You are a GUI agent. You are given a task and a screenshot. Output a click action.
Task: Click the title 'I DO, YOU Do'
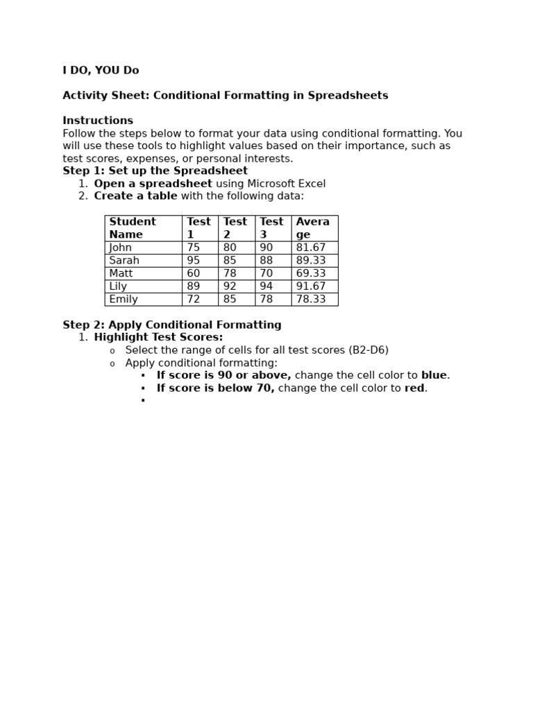pos(101,71)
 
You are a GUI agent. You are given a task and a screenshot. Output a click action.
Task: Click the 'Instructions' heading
pos(98,121)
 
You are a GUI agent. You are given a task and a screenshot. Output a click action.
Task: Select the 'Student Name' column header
pos(133,228)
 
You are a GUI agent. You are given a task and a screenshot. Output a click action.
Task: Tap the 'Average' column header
pos(313,228)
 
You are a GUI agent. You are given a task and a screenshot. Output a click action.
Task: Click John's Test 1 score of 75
pos(194,248)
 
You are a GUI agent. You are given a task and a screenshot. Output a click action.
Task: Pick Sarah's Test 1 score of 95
pos(194,261)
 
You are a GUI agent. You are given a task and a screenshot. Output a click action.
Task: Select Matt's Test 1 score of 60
pos(194,274)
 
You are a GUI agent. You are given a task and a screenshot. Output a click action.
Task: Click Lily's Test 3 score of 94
pos(266,286)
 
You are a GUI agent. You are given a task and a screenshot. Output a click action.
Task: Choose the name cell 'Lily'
pos(118,286)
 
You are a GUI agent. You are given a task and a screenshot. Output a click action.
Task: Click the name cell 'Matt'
pos(121,274)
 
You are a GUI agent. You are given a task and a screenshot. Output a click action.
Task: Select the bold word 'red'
pos(414,388)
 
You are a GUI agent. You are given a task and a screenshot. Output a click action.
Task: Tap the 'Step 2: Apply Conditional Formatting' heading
pos(172,325)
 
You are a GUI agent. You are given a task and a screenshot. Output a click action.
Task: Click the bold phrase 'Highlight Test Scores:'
pos(158,338)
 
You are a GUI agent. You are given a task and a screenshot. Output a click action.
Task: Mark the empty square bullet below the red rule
pos(143,401)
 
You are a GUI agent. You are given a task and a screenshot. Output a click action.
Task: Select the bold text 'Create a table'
pos(135,196)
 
